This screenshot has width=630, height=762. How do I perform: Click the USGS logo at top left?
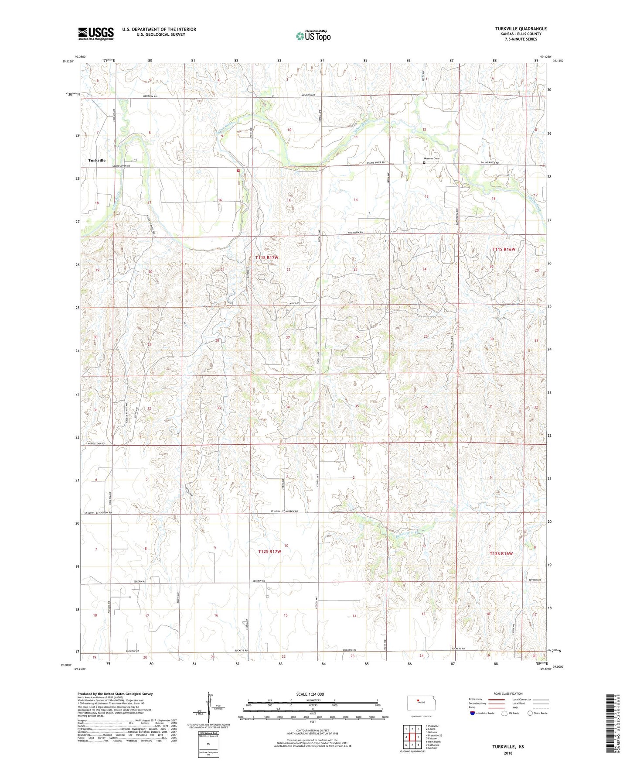click(95, 33)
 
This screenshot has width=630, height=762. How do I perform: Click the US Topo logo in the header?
click(313, 36)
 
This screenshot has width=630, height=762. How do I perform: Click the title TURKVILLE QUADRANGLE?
click(521, 29)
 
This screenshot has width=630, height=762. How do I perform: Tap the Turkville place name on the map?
click(97, 160)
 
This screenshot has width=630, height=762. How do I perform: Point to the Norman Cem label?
click(432, 158)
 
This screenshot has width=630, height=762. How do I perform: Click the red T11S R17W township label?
click(266, 257)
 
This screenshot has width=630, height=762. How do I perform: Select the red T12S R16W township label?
click(501, 553)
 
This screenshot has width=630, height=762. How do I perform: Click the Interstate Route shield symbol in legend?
click(473, 713)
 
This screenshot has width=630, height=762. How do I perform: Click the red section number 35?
click(357, 406)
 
